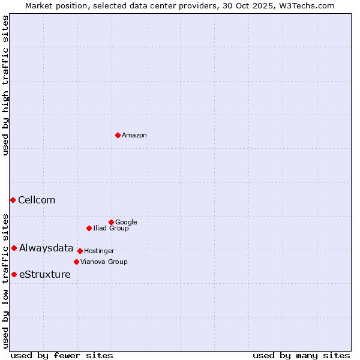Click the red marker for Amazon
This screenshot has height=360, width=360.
118,135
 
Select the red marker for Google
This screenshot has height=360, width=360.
111,222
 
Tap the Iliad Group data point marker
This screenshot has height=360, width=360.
89,228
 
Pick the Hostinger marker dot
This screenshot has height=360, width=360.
80,251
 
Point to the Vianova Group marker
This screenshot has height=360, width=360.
76,262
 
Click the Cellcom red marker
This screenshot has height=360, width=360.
13,200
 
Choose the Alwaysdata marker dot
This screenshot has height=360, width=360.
14,248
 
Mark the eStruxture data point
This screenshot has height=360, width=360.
14,274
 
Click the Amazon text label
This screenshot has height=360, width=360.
134,136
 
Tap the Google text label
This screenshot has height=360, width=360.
126,223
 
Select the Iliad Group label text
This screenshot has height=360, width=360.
111,229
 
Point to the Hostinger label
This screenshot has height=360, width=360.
99,251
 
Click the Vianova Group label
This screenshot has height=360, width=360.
104,262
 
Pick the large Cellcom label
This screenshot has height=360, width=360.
37,200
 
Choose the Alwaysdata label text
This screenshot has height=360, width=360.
46,248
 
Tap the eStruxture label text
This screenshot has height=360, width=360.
44,275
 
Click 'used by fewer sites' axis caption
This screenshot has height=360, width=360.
62,355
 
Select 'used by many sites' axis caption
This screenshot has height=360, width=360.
301,355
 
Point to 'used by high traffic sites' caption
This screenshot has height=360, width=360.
6,85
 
